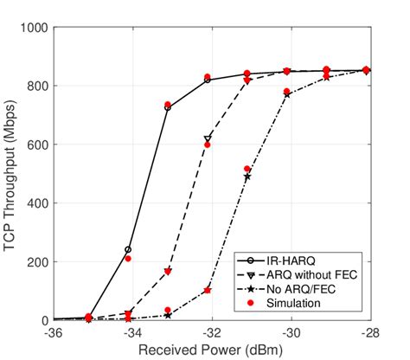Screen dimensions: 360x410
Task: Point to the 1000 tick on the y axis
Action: click(33, 28)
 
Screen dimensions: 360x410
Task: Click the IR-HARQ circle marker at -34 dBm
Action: click(128, 249)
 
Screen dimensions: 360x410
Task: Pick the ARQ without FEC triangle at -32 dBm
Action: click(208, 138)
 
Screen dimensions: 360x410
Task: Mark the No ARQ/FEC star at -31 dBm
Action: click(247, 177)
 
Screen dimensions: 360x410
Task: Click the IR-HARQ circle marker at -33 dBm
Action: click(168, 108)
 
